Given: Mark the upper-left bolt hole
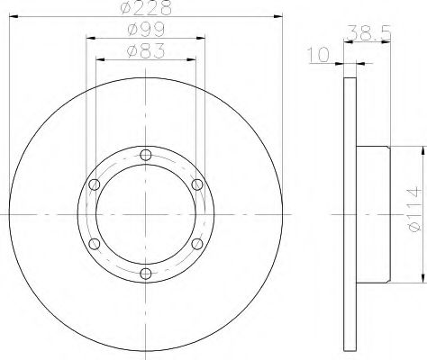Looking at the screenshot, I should [x=95, y=184].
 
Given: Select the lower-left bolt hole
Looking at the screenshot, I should [x=95, y=244].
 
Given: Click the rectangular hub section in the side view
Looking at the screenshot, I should [x=374, y=214].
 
